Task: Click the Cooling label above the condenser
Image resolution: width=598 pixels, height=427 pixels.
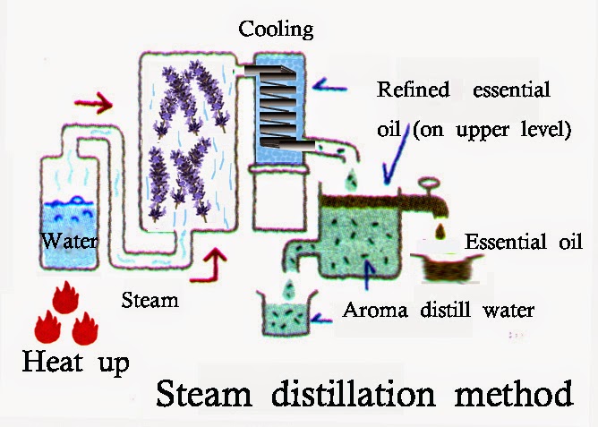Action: click(276, 30)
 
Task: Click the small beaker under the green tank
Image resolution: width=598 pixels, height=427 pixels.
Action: click(284, 314)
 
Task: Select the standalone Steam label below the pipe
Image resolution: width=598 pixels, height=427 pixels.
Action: click(149, 300)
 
